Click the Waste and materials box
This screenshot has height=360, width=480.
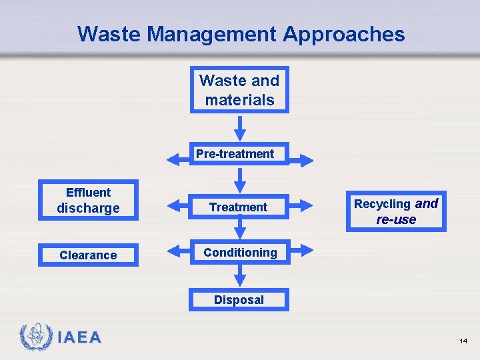coord(239,90)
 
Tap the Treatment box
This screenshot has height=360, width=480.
coord(239,207)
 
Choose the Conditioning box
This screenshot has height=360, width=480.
coord(239,253)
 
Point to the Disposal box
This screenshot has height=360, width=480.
coord(239,300)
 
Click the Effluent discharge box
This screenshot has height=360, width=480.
coord(88,201)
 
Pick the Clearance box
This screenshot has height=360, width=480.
coord(88,255)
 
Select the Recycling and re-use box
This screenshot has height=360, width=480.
coord(396,211)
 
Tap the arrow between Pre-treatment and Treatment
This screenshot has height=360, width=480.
coord(240,179)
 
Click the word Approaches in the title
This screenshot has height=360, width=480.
coord(343,33)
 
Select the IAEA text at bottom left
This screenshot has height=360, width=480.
coord(79,338)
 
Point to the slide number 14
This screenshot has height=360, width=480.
coord(463,341)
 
